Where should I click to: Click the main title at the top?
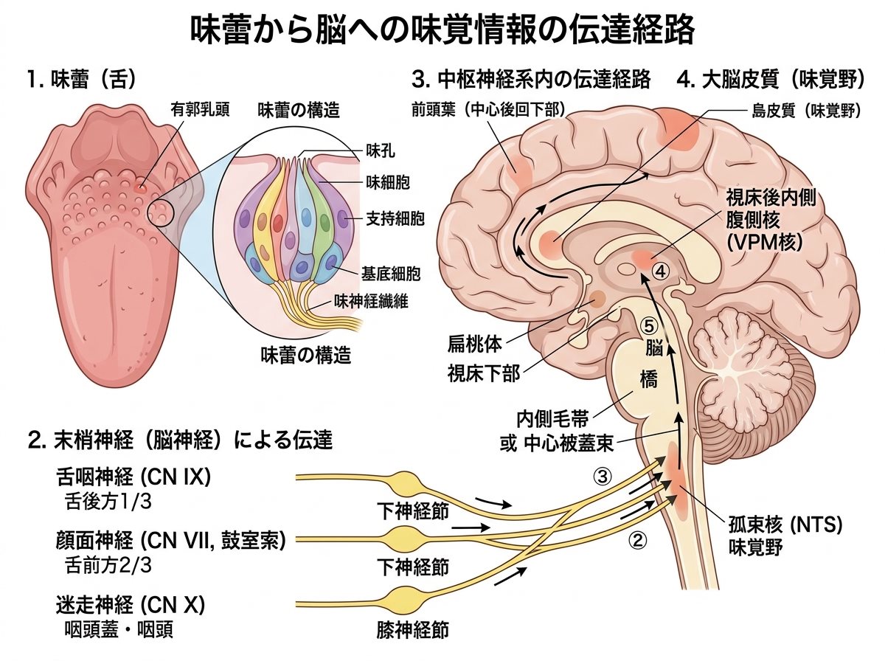click(x=442, y=30)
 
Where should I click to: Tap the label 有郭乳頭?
click(x=200, y=109)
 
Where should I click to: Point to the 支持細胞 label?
click(x=395, y=218)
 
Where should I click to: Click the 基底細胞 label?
click(x=391, y=274)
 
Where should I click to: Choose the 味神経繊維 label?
click(x=371, y=301)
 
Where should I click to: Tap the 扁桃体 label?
click(x=474, y=345)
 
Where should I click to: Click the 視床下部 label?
click(x=484, y=374)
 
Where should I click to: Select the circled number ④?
click(x=660, y=271)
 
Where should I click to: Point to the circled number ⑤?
click(x=650, y=326)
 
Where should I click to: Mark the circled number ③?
click(x=603, y=477)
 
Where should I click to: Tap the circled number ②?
click(x=638, y=541)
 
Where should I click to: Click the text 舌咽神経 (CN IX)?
click(x=133, y=477)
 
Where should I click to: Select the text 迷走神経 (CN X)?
click(x=131, y=605)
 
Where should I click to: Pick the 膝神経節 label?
click(x=412, y=630)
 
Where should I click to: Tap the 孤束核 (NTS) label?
click(x=785, y=525)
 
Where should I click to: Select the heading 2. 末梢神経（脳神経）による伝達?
click(x=180, y=439)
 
